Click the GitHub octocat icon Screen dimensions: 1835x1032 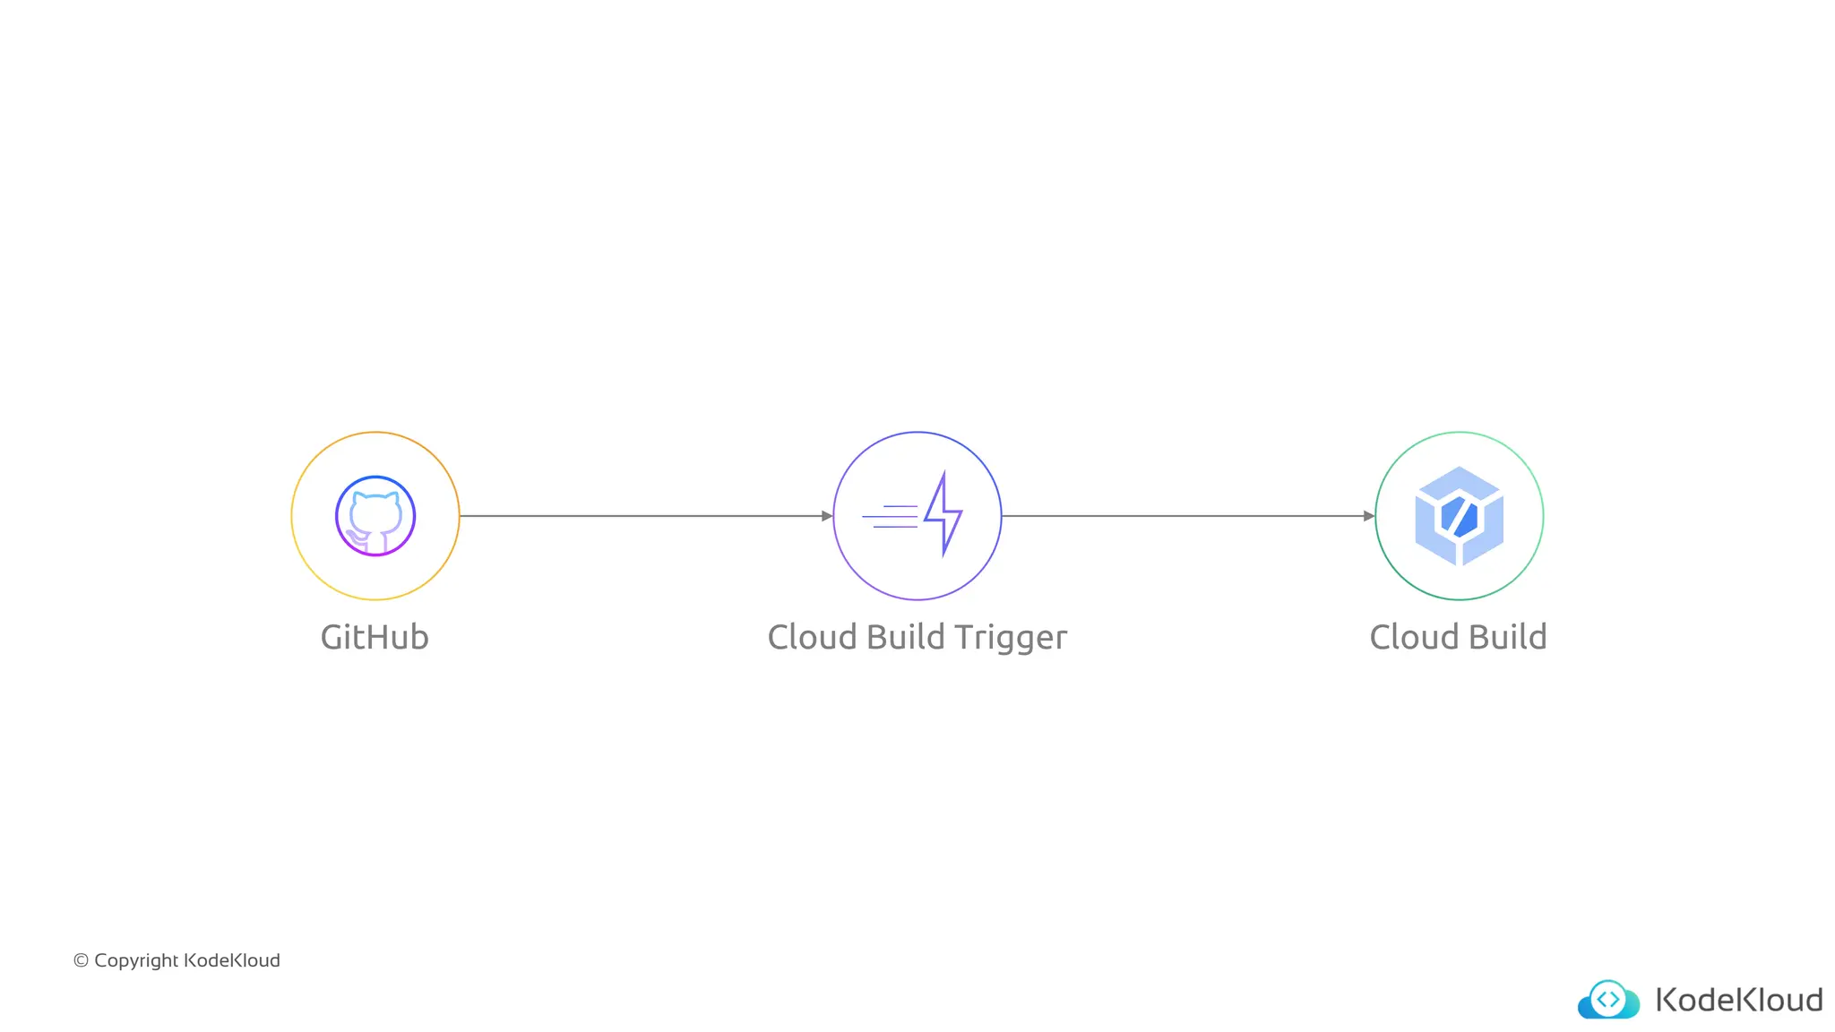point(375,516)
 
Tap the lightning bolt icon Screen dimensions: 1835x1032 point(943,514)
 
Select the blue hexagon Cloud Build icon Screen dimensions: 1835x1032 point(1459,516)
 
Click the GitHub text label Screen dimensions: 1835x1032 point(375,638)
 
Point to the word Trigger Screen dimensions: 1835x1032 point(1010,639)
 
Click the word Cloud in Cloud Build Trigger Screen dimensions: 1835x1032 point(812,638)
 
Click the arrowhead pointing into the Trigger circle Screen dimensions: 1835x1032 point(827,516)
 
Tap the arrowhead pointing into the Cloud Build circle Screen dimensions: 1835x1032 point(1368,516)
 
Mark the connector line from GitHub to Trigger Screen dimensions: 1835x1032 point(641,516)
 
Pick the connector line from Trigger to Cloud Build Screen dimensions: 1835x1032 point(1183,516)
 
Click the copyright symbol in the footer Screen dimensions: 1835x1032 point(81,960)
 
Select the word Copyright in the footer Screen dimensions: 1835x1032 point(136,961)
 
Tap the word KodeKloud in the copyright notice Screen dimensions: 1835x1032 point(231,960)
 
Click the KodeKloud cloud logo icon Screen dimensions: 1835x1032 point(1608,1000)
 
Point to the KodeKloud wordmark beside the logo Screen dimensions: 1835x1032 point(1738,1000)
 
